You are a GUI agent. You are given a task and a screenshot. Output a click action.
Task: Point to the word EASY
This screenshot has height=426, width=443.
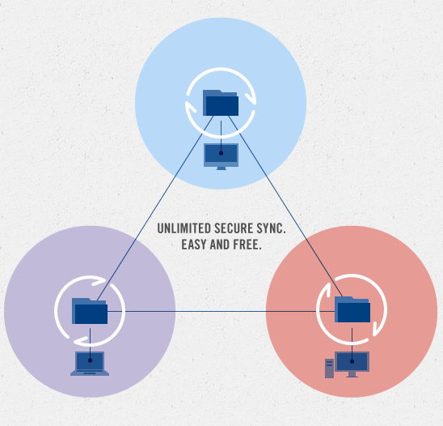coord(194,245)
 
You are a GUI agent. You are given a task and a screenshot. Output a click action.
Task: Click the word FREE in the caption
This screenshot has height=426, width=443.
coord(247,245)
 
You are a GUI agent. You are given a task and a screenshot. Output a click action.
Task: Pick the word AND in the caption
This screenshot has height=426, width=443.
coord(220,245)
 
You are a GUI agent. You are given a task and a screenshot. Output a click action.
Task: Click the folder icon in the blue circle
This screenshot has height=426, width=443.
coord(221,103)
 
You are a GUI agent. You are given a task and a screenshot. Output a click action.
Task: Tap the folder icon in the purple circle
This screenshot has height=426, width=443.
coord(90,311)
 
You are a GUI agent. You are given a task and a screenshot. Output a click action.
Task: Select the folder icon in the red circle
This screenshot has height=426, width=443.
coord(352,309)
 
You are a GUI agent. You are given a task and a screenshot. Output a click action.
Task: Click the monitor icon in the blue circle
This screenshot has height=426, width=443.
coord(221,156)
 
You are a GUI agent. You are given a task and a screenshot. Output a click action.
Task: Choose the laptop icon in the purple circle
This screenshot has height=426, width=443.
coord(90,364)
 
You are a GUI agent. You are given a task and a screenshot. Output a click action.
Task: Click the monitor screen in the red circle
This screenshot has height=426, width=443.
coord(352,361)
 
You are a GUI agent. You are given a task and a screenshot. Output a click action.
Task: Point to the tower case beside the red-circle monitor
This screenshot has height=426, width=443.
coord(330,368)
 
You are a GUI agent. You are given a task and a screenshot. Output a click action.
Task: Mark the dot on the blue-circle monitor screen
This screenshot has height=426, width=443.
coord(221,153)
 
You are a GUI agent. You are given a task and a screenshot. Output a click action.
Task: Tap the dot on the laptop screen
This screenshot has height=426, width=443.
coord(90,360)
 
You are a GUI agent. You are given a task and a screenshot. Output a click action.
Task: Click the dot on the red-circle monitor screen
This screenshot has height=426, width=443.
coord(352,361)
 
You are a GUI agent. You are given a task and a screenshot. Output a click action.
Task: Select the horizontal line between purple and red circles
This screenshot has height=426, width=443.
coord(221,311)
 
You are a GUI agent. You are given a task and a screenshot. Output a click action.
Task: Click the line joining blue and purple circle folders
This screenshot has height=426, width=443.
coord(155,208)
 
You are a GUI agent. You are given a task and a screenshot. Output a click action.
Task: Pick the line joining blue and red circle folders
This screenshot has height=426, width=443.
coord(285,207)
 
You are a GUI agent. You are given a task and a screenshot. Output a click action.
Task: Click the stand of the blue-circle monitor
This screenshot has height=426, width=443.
coord(221,168)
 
